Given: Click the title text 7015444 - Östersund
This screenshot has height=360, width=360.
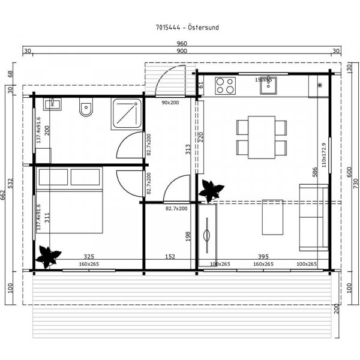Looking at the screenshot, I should (x=179, y=28).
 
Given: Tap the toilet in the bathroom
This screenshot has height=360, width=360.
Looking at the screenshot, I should (x=86, y=109).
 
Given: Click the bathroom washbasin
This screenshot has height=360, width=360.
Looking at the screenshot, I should (x=53, y=104).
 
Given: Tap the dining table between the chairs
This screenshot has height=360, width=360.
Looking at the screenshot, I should (x=261, y=137).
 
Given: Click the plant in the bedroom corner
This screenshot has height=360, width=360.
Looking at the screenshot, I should (x=47, y=257).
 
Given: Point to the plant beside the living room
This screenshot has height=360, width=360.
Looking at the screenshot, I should (x=211, y=191).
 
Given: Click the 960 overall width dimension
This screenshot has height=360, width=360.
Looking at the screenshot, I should (x=182, y=44).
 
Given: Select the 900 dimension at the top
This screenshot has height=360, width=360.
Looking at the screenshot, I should (x=182, y=52).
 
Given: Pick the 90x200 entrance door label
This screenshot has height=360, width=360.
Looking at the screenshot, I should (x=171, y=103).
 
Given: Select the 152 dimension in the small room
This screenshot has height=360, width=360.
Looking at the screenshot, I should (x=170, y=257).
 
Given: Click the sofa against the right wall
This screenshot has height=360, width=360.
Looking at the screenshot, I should (x=315, y=215).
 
